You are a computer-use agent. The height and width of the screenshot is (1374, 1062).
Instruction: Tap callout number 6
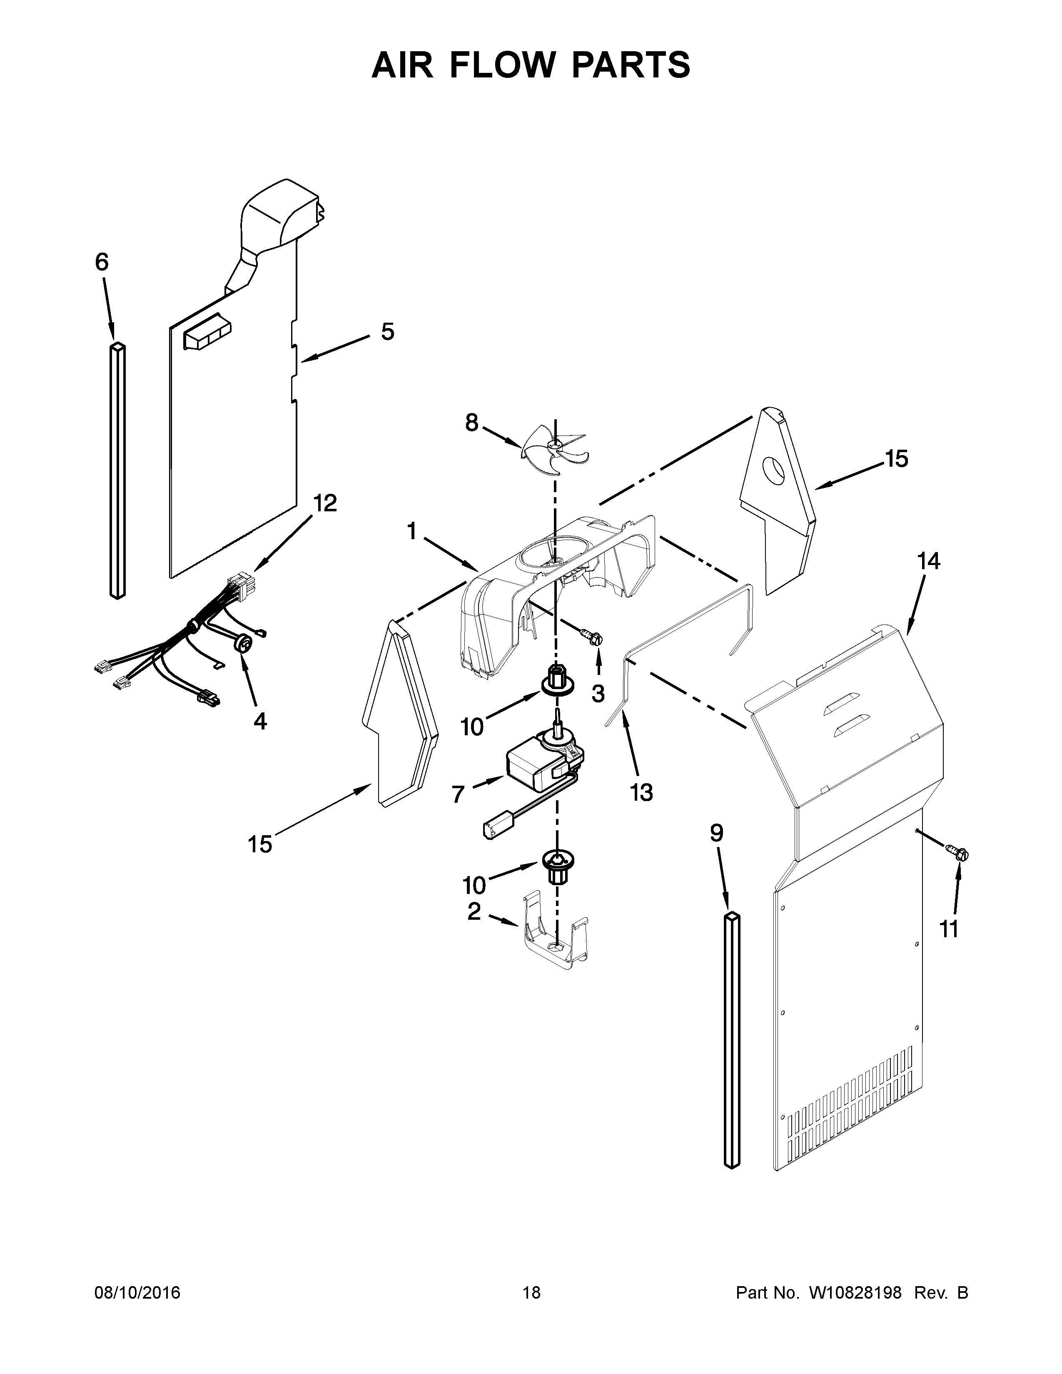tap(102, 262)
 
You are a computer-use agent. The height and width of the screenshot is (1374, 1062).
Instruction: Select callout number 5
tap(388, 331)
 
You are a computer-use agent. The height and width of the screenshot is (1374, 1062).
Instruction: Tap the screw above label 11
tap(960, 853)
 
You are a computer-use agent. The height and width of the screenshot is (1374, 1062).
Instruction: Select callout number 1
tap(411, 532)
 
